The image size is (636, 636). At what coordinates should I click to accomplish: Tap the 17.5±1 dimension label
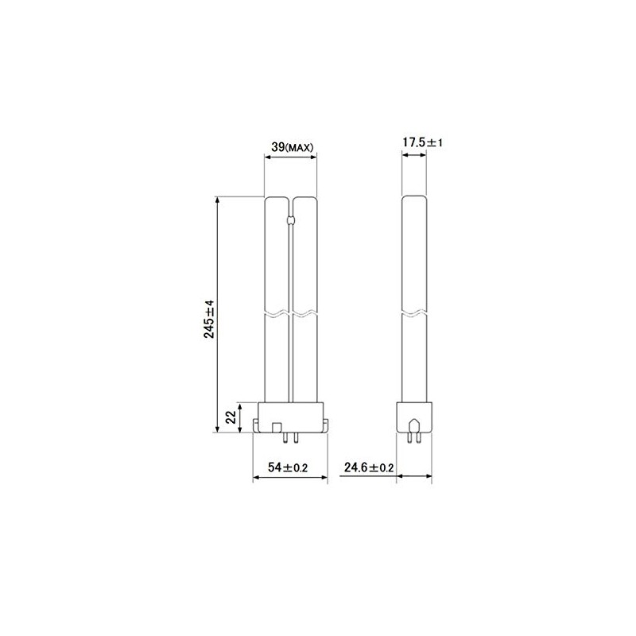click(x=423, y=142)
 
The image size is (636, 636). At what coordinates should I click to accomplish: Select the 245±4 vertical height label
click(x=209, y=320)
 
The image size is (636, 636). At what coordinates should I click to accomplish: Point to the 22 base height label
click(x=231, y=417)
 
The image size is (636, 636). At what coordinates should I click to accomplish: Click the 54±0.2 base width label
click(x=288, y=467)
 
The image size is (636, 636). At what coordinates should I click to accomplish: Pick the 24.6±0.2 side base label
click(x=369, y=467)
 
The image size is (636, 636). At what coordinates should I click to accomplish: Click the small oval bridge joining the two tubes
click(x=290, y=221)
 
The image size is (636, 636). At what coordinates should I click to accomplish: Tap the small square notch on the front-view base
click(x=277, y=428)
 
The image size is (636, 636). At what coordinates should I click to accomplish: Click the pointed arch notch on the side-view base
click(x=414, y=425)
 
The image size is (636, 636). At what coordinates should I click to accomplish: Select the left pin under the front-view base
click(x=286, y=438)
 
